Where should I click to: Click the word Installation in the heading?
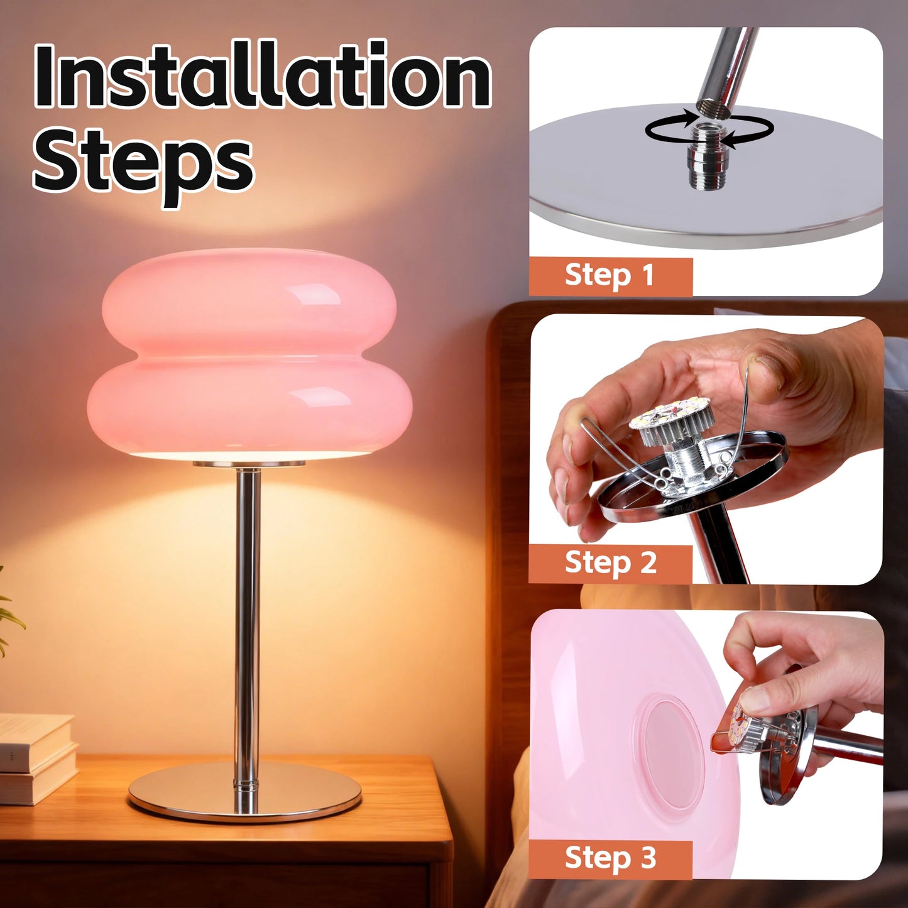[x=262, y=75]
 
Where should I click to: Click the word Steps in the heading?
[x=143, y=161]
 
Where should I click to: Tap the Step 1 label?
[x=610, y=276]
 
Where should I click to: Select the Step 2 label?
[x=610, y=563]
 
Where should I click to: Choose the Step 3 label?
[x=610, y=858]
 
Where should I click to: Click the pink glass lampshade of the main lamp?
[x=249, y=352]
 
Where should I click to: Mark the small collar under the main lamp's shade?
[x=249, y=464]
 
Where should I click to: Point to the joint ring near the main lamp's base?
[x=247, y=784]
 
